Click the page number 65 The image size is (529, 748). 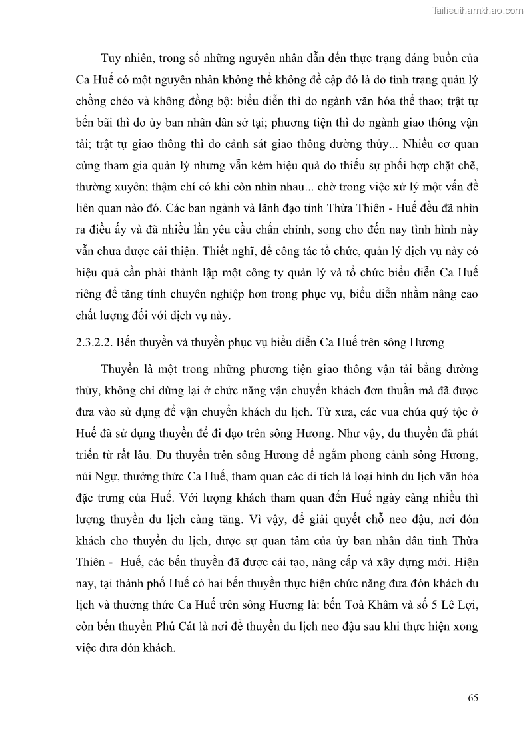[473, 698]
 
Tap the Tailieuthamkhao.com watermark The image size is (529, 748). [478, 10]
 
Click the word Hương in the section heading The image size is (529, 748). [426, 343]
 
